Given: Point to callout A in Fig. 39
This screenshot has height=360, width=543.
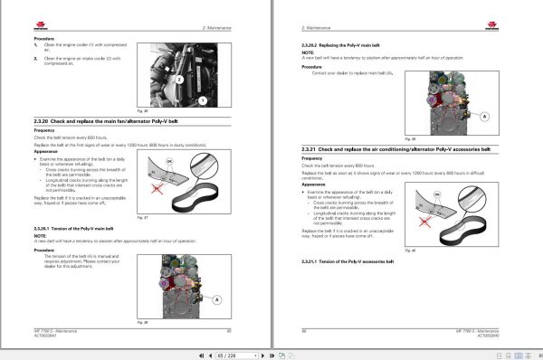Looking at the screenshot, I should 485,117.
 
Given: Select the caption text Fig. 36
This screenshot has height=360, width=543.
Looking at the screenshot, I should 141,111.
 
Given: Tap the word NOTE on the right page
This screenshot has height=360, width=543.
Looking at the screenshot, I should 308,52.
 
